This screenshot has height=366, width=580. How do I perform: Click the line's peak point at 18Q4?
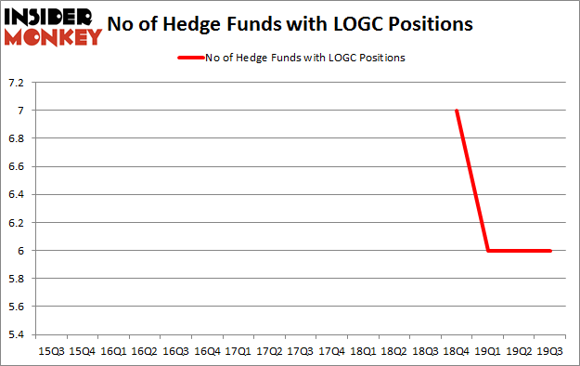pyautogui.click(x=457, y=111)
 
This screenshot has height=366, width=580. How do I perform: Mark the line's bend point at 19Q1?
pyautogui.click(x=488, y=250)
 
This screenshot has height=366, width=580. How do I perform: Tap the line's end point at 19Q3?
pyautogui.click(x=550, y=250)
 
